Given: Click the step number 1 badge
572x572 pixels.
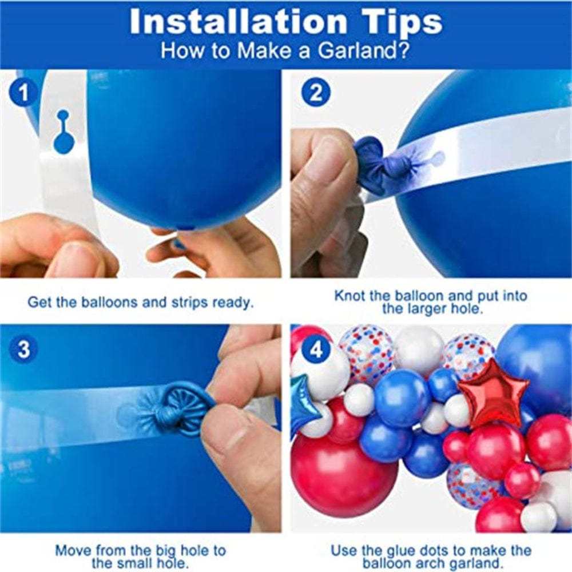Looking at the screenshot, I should click(23, 93).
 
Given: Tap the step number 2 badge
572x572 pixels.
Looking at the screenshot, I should click(316, 93).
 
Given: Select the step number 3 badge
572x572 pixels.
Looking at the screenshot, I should click(23, 349).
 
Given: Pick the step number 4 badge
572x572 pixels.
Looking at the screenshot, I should click(316, 349).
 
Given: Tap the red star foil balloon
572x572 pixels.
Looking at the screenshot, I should click(493, 394).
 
